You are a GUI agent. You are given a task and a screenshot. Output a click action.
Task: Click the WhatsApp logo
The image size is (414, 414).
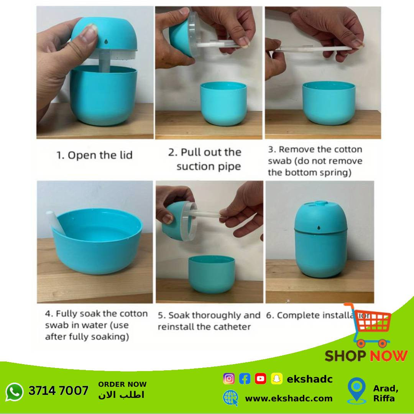pos(14,392)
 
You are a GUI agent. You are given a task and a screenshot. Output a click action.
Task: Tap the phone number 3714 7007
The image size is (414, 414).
pos(58,391)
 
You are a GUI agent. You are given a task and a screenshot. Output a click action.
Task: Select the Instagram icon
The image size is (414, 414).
pos(228,379)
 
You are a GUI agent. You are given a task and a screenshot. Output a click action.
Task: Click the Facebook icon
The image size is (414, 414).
pos(245,379)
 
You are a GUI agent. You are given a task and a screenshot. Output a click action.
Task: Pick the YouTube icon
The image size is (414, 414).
pos(260,379)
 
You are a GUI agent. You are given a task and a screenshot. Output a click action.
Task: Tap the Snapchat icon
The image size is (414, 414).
pos(276,379)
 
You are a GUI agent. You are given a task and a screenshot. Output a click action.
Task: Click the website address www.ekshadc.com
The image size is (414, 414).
pos(289,398)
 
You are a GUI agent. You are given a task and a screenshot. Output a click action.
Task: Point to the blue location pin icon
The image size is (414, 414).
pos(357,390)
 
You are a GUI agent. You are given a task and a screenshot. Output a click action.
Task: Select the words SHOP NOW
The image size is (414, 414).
pos(366,356)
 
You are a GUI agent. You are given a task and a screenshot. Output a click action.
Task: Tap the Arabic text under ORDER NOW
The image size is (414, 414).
pos(121,395)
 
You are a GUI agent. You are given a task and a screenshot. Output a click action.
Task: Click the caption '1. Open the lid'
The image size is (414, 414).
pos(95,155)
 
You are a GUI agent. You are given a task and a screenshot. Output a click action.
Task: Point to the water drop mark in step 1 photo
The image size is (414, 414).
pos(106,41)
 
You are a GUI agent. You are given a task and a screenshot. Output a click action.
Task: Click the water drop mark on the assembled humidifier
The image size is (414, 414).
pos(319,228)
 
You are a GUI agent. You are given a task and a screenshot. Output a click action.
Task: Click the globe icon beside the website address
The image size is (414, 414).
pos(230,398)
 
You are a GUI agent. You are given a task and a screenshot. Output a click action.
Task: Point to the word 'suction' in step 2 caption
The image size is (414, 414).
pos(194,167)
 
